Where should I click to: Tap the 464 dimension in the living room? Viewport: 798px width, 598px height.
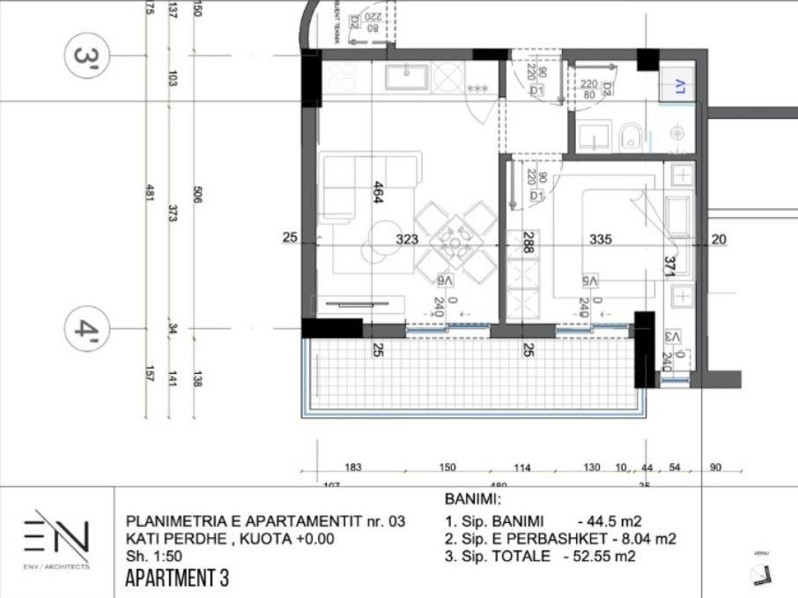pos(378,191)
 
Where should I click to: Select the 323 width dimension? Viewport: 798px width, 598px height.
pos(406,239)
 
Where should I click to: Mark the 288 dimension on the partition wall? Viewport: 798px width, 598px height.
pos(528,243)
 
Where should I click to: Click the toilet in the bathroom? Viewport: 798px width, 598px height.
pos(630,135)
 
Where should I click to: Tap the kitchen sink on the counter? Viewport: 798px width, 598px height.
pos(407,78)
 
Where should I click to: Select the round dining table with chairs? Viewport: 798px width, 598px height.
pos(455,242)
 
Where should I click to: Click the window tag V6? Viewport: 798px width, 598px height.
pos(446,280)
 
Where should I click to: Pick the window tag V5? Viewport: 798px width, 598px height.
pos(588,280)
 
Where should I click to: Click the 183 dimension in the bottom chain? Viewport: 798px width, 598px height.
pos(354,467)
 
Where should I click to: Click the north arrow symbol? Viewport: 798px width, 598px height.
pos(758,574)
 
